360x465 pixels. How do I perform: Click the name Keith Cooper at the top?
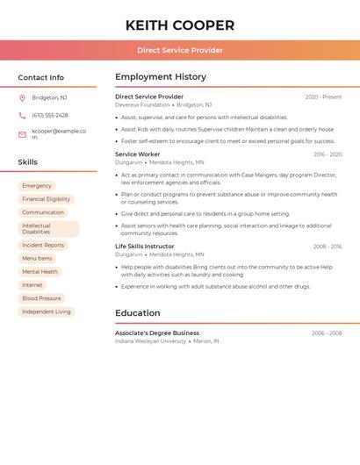click(180, 25)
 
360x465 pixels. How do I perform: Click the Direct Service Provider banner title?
click(180, 50)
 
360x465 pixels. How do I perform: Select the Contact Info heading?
click(40, 77)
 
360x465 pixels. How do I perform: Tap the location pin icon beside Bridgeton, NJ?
click(22, 97)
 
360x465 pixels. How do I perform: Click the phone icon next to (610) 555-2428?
click(22, 115)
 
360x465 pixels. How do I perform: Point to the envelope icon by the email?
click(22, 134)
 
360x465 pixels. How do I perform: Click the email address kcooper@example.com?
click(59, 134)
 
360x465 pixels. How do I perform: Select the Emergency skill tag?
click(37, 186)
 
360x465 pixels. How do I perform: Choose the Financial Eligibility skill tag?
click(47, 199)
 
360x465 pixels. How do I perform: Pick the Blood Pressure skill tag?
click(42, 298)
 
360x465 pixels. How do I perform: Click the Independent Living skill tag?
click(47, 311)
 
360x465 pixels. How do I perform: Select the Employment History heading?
click(161, 77)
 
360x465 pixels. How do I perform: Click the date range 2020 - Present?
click(323, 97)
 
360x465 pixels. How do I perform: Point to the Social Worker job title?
click(137, 154)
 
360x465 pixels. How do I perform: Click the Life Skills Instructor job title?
click(145, 247)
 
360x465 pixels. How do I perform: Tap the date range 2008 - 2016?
click(327, 247)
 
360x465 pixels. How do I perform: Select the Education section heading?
click(138, 313)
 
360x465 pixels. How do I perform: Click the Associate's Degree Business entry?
click(157, 333)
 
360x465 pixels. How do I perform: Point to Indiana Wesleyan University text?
click(150, 341)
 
